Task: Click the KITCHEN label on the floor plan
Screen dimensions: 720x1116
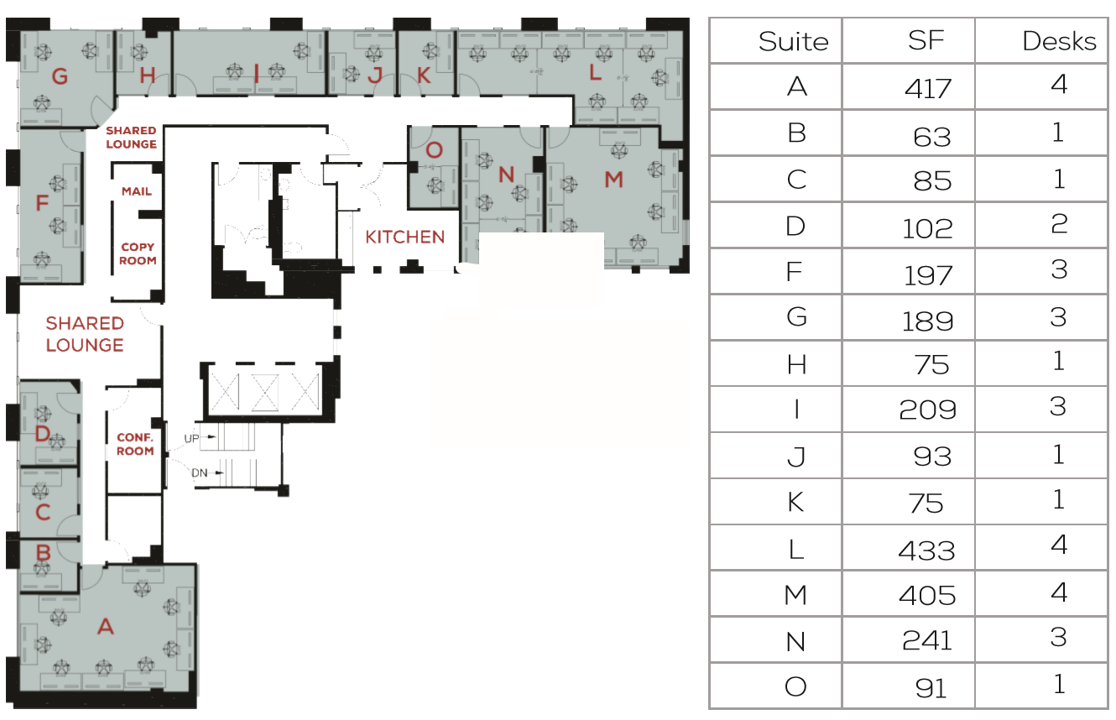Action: (x=404, y=237)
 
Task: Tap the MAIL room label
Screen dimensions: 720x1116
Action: (x=137, y=191)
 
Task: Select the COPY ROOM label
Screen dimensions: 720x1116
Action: (x=138, y=253)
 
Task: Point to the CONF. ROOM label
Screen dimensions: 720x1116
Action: (x=135, y=444)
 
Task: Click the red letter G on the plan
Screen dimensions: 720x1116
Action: (x=60, y=77)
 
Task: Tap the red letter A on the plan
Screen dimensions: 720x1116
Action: (x=105, y=625)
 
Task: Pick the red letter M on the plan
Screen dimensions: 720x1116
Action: (x=614, y=179)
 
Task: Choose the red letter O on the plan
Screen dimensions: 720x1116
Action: (x=434, y=151)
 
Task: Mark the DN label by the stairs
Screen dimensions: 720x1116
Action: (x=199, y=473)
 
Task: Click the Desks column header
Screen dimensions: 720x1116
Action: (x=1059, y=41)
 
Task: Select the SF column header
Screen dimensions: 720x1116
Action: (x=926, y=40)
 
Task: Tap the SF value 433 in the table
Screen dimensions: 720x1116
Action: (x=926, y=550)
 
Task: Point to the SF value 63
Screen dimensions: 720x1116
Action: (x=931, y=134)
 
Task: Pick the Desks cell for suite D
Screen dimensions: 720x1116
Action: (x=1059, y=223)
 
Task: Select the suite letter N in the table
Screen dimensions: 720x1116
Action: (x=795, y=641)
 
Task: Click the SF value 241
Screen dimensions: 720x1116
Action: (x=926, y=641)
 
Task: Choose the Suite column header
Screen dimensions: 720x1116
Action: (x=793, y=41)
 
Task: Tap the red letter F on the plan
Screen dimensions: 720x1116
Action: (x=43, y=203)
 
